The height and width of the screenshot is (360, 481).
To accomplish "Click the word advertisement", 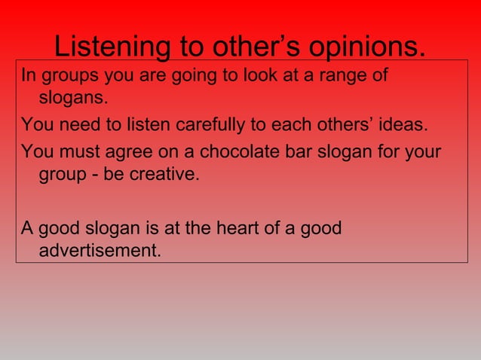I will [x=100, y=250].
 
